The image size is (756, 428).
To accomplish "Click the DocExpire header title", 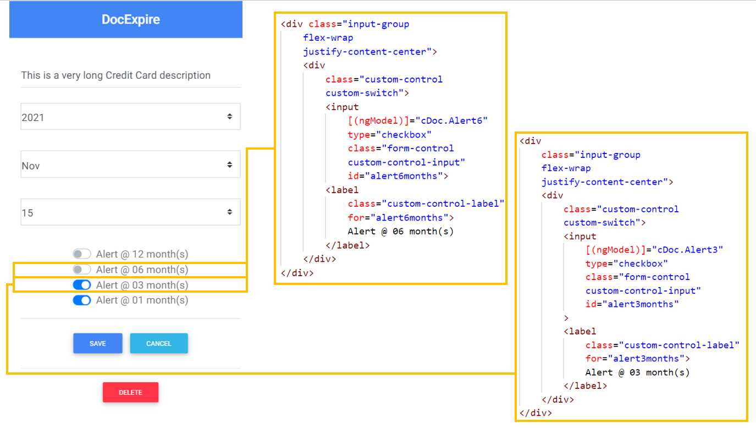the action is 130,20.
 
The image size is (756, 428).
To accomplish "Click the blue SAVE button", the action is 97,343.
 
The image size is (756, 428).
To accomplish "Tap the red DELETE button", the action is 130,392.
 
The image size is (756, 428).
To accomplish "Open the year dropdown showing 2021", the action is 130,117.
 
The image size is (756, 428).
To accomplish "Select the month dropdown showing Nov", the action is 130,165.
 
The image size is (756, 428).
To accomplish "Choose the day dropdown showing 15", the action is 130,212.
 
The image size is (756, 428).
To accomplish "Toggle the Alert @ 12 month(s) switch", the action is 82,254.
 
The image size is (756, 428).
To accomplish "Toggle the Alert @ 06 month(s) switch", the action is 82,270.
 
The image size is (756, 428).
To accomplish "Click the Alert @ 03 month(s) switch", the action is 82,285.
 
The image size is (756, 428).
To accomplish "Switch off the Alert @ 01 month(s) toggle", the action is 82,300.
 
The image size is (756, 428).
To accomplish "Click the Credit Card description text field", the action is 130,75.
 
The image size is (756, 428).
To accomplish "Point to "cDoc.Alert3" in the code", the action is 687,250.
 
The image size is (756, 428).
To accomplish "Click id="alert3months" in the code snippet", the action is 632,304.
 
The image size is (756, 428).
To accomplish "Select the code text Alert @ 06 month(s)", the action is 401,231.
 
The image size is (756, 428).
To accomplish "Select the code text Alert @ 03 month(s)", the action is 637,372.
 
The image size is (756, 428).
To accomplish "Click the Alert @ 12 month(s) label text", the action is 142,254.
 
